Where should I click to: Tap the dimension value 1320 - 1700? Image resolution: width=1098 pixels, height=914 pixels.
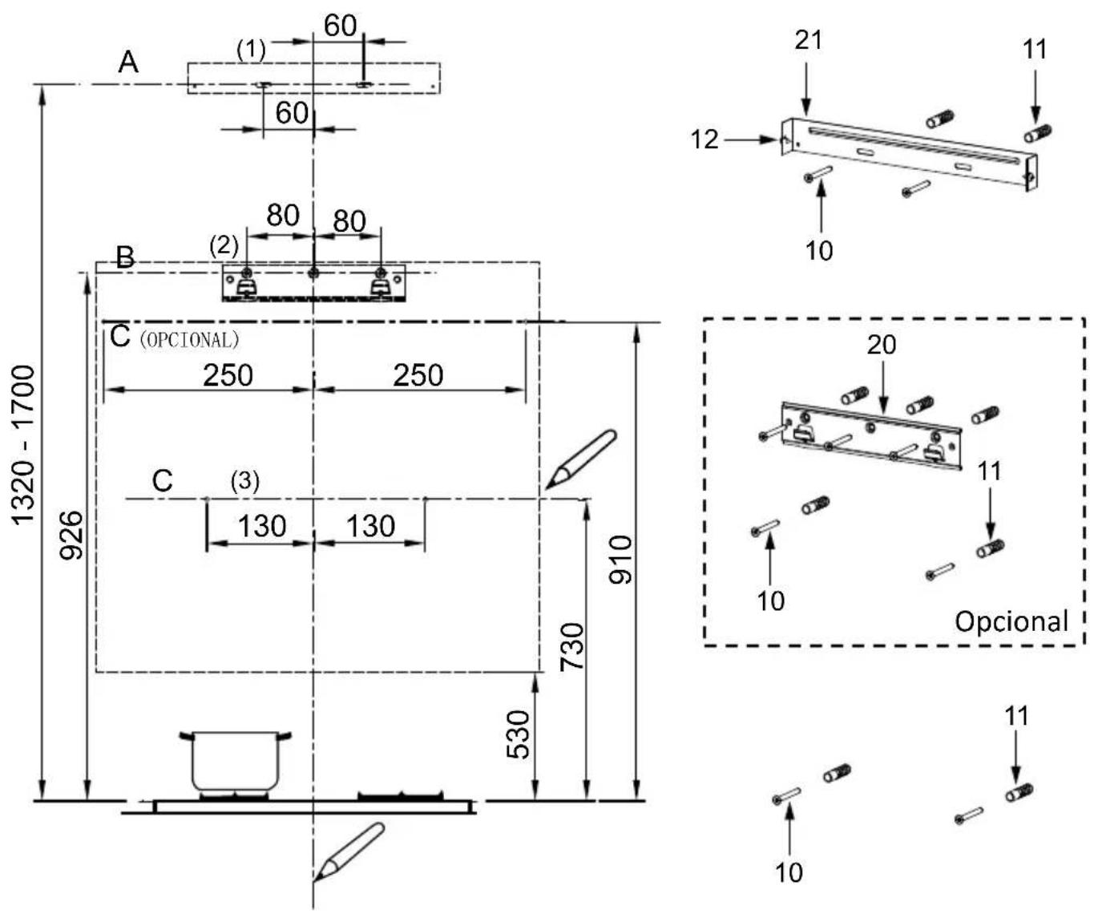24,445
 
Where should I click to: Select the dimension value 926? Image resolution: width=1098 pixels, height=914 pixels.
71,535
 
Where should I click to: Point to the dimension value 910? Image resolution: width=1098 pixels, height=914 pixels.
620,560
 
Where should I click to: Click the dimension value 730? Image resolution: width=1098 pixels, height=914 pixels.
572,646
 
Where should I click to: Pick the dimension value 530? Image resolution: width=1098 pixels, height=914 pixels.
518,734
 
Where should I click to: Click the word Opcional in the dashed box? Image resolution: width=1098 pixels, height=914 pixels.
1011,621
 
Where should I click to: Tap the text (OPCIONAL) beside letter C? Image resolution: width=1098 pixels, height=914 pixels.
189,340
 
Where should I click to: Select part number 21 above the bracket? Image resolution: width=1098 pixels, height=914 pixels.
808,40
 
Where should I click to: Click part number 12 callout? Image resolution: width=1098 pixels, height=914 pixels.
704,140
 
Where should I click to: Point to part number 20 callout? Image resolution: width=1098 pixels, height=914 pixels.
882,345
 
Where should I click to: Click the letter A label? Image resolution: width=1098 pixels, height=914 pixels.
128,63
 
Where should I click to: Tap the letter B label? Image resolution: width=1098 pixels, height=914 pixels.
125,257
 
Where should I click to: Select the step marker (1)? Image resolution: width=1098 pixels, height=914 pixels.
251,50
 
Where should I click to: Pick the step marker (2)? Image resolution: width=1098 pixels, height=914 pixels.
224,245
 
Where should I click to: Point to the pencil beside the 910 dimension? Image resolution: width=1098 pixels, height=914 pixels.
580,459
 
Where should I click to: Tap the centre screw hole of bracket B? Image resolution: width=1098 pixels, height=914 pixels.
313,273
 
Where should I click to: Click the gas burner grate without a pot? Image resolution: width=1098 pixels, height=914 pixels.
401,795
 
